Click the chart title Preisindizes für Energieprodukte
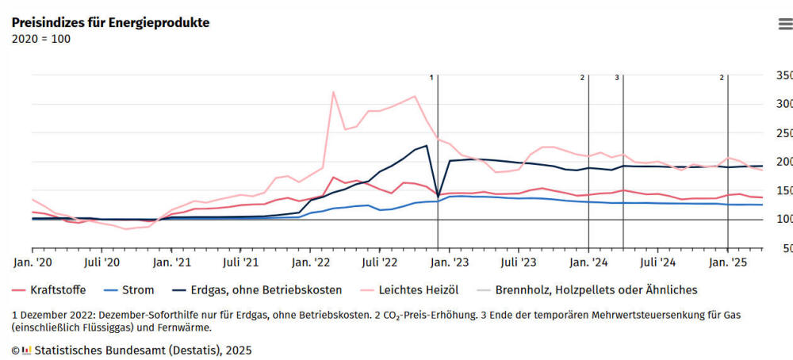(110, 22)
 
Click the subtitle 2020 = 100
(41, 39)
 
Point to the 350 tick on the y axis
(783, 75)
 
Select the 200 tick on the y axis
(783, 162)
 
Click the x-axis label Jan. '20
(32, 261)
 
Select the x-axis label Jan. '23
(449, 261)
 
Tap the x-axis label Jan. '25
(728, 261)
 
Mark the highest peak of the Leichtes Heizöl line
(333, 92)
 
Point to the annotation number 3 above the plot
(617, 78)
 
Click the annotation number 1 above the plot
(432, 78)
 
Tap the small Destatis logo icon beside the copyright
(26, 349)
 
